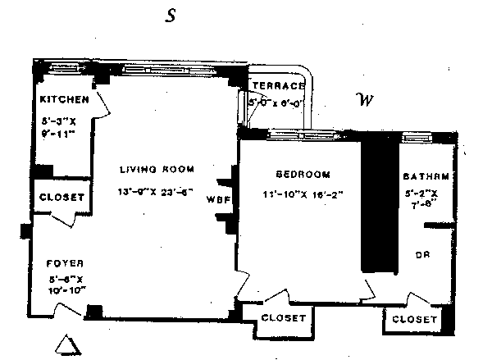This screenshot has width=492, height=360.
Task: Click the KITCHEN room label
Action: [63, 100]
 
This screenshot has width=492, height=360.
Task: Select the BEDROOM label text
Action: [302, 174]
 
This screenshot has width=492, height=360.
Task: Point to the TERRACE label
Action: [278, 86]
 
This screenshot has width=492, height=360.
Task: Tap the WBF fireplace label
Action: [217, 198]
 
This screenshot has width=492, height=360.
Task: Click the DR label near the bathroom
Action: [423, 253]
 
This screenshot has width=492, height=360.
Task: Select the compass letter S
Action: [171, 17]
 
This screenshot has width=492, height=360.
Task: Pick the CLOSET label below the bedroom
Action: [283, 318]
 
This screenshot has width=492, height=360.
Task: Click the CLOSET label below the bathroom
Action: [414, 319]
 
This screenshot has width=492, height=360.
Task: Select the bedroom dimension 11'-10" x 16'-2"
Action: [302, 195]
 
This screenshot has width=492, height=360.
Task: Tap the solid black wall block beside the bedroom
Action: [378, 209]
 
